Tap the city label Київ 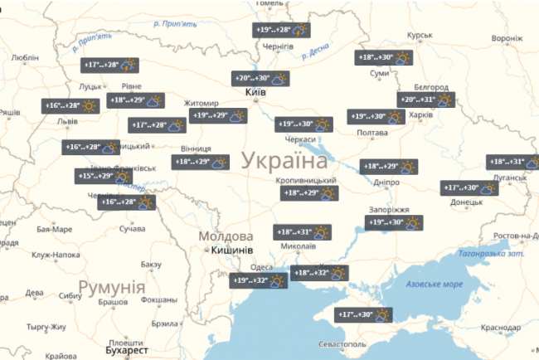tap(256, 93)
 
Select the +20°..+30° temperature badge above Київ tap(260, 79)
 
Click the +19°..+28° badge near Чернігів tap(281, 30)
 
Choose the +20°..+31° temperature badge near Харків tap(427, 100)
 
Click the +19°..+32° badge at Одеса tap(259, 281)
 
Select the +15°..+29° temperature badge tap(104, 176)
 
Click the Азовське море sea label tap(435, 285)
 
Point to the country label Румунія tap(112, 288)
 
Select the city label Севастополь tap(342, 343)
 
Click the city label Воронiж tap(507, 38)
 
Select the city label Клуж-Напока tap(57, 255)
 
